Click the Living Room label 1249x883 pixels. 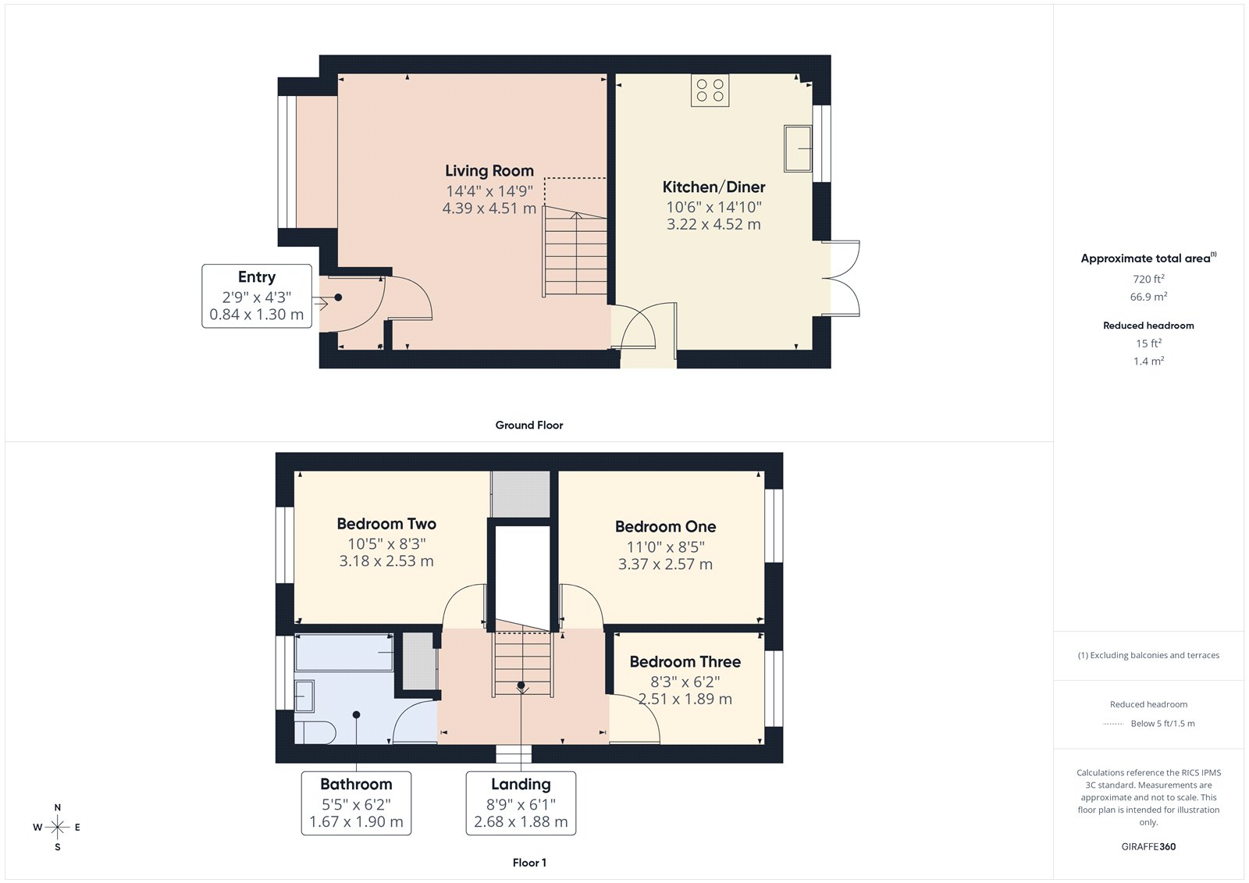489,171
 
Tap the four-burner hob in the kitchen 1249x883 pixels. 710,91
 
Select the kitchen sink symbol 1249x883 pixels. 798,148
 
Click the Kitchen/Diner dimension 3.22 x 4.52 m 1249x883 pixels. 713,225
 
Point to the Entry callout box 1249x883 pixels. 257,296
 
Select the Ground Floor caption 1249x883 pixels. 528,425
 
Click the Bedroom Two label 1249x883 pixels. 386,524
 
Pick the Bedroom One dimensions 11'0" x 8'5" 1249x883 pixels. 665,547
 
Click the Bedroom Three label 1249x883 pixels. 685,662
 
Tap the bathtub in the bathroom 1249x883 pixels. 344,652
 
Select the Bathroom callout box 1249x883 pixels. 356,803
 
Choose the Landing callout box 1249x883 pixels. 521,803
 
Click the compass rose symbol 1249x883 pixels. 58,827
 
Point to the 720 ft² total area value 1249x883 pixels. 1148,279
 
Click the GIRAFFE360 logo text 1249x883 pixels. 1148,846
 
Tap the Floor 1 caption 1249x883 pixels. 529,863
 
